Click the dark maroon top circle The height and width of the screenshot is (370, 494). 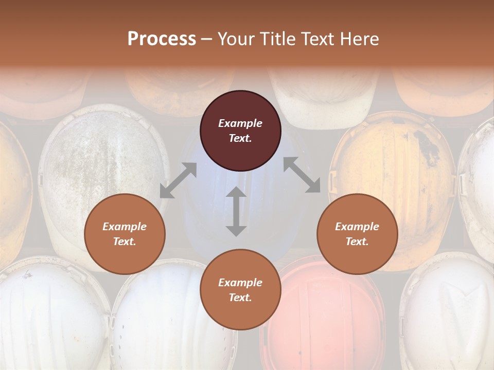pos(240,131)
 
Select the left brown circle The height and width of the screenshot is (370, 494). pos(125,234)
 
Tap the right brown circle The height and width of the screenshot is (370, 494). pos(357,234)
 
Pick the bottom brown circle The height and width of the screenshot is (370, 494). pos(240,290)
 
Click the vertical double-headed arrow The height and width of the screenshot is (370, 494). pos(236,212)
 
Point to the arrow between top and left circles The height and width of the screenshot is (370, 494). pos(178,180)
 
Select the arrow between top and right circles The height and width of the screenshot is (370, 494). pos(302,175)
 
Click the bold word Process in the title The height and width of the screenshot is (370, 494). pos(162,39)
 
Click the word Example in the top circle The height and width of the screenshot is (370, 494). pos(240,123)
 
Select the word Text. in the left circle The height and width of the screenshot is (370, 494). pos(125,242)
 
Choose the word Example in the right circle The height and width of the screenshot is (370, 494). pos(357,227)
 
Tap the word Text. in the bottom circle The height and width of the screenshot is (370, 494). pos(240,298)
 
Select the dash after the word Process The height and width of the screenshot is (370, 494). pos(207,39)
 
